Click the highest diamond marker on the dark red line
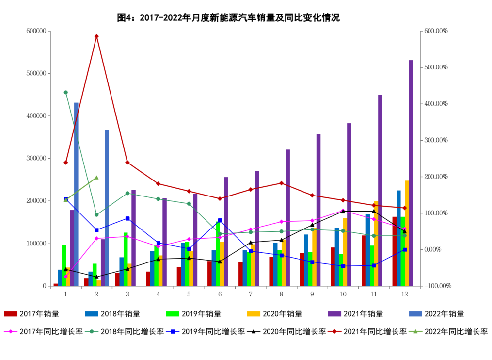coord(96,36)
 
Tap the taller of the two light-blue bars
coord(76,194)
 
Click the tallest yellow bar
coord(407,233)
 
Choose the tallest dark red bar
coord(394,251)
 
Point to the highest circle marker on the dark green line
coord(65,92)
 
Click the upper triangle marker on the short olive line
coord(96,178)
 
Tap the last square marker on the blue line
coord(405,249)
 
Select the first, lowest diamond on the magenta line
coord(66,277)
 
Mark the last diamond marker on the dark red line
coord(404,208)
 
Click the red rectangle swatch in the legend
coord(11,314)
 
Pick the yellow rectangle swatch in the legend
coord(254,314)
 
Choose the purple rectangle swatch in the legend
coord(334,314)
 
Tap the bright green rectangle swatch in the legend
coord(173,314)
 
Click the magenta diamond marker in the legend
coord(11,331)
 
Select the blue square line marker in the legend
coord(173,331)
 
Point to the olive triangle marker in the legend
coord(415,331)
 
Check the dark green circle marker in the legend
coord(92,331)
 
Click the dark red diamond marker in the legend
coord(334,331)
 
